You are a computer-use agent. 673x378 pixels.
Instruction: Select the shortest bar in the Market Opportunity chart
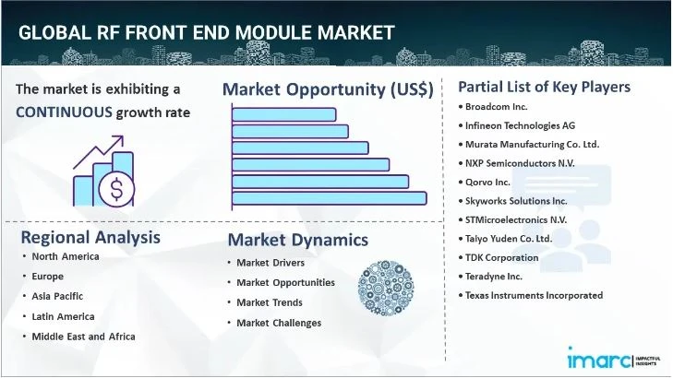click(x=283, y=114)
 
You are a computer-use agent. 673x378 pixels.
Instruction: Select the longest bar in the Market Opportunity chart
click(x=329, y=197)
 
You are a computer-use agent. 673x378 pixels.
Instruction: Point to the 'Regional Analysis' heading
click(x=90, y=237)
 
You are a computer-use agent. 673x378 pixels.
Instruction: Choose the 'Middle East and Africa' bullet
click(x=83, y=336)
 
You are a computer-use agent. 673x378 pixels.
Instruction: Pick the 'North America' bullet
click(x=65, y=255)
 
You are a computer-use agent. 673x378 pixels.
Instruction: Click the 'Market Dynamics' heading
click(x=297, y=240)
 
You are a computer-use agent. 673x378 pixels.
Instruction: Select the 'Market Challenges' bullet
click(x=279, y=323)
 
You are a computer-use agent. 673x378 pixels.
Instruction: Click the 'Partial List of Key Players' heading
click(x=544, y=87)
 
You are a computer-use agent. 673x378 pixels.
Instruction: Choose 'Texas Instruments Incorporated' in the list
click(x=535, y=295)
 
